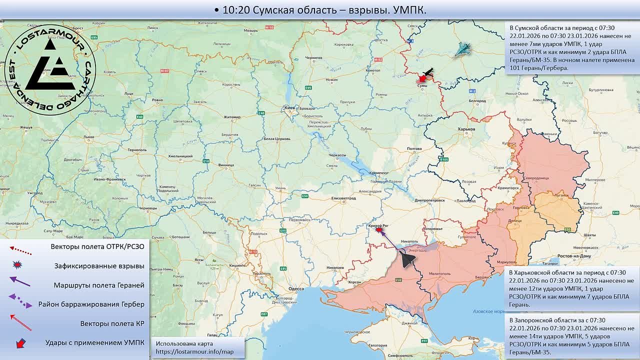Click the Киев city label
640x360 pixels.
click(289, 107)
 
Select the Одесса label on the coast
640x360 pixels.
click(296, 288)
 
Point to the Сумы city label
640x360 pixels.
click(422, 86)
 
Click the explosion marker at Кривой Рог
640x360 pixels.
click(379, 229)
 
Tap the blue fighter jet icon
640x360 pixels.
click(463, 49)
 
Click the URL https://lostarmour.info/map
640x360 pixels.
click(194, 351)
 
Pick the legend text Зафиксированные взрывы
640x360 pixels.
click(99, 266)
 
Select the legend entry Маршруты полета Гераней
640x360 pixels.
click(99, 285)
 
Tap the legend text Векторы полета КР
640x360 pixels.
click(112, 323)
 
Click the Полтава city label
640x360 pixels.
click(414, 149)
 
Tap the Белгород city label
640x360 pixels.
click(477, 100)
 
